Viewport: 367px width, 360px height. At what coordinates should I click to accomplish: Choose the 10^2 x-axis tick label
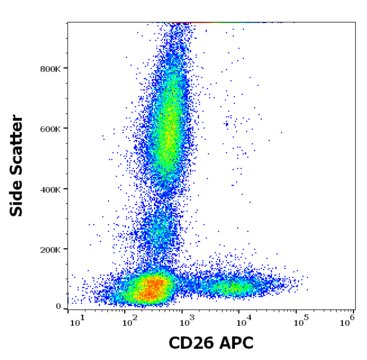[130, 321]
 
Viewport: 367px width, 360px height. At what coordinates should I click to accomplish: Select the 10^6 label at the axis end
[346, 321]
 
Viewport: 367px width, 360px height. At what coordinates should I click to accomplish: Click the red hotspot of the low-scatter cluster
[153, 290]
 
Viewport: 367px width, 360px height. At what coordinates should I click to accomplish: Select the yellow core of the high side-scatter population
[169, 125]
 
